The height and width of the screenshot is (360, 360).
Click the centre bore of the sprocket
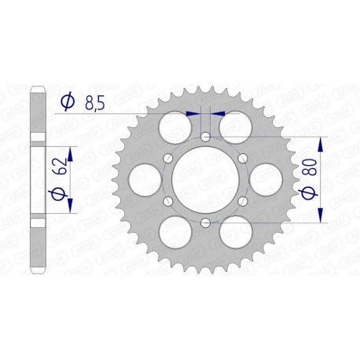coord(204,180)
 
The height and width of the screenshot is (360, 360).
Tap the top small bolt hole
coord(204,137)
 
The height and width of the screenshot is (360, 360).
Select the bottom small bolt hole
coord(204,224)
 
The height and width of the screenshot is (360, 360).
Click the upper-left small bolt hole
coord(167,159)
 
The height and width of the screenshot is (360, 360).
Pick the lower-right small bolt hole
coord(242,202)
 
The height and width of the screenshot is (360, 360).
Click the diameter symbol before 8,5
coord(68,101)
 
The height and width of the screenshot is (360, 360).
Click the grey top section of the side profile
coord(37,110)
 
